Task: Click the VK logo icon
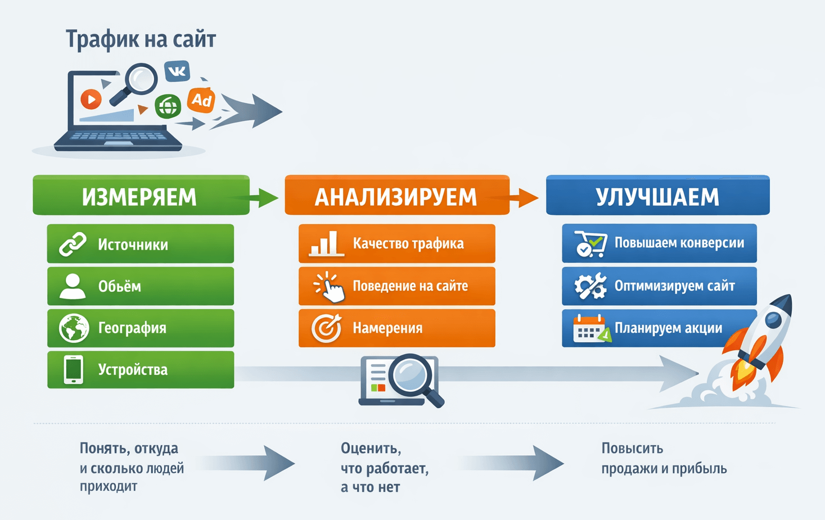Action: (177, 71)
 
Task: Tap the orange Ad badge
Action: (201, 101)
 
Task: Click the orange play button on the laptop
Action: (91, 100)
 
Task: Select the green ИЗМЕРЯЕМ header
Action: (141, 196)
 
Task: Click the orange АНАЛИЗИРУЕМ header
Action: (396, 196)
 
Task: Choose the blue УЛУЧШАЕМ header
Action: (657, 196)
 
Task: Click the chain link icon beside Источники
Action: (73, 244)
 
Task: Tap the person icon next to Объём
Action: (73, 286)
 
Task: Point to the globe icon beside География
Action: (74, 328)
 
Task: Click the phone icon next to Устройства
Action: (73, 370)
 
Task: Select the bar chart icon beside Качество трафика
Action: (326, 244)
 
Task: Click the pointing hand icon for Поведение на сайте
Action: (330, 287)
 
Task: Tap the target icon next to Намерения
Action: (327, 328)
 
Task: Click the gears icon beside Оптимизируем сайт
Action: (590, 286)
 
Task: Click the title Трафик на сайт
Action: (141, 39)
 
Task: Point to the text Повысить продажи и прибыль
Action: (664, 458)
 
